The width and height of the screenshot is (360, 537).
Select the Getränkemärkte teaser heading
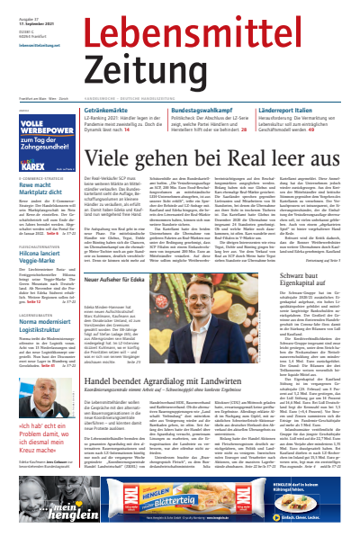coord(113,110)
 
